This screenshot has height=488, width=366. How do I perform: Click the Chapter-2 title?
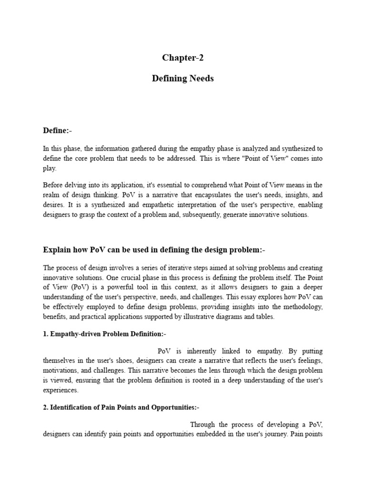183,58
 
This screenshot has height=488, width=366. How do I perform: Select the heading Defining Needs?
183,79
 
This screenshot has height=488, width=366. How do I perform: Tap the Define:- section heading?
58,131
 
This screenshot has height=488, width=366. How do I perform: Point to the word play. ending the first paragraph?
50,169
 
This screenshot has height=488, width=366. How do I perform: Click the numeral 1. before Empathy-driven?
46,334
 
